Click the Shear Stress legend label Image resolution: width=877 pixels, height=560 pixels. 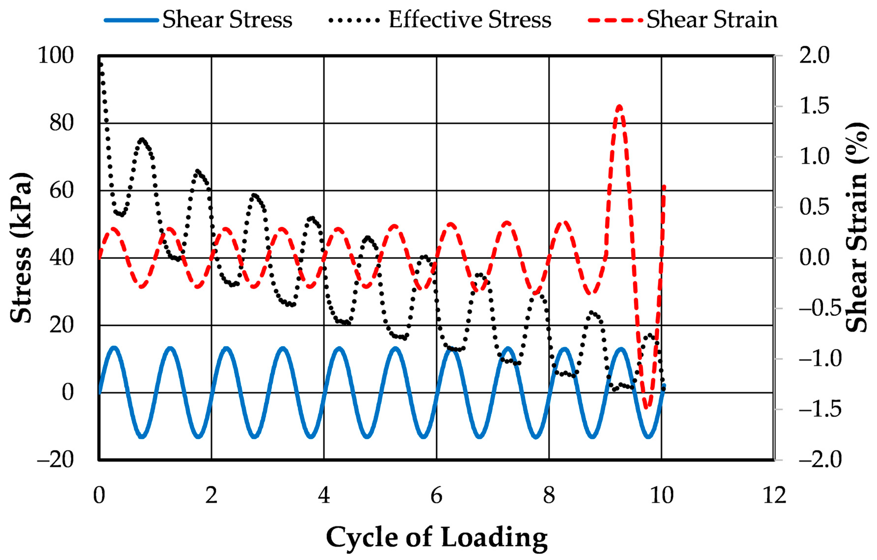click(x=227, y=19)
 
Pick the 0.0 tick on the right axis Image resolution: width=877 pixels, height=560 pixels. click(x=814, y=258)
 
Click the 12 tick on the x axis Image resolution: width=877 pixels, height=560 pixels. click(x=774, y=495)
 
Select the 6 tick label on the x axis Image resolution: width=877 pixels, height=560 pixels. click(x=436, y=495)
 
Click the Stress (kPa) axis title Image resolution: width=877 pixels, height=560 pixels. click(x=21, y=247)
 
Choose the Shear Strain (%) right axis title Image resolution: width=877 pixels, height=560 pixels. click(x=856, y=228)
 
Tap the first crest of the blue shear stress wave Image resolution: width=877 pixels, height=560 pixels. click(x=114, y=348)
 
